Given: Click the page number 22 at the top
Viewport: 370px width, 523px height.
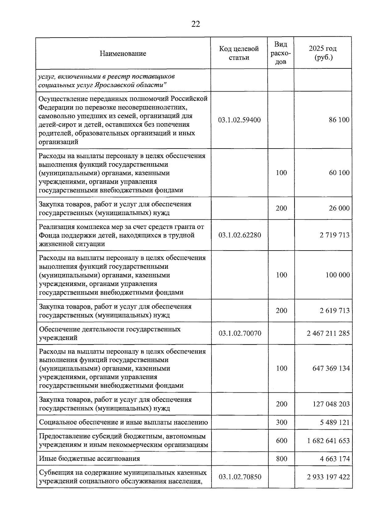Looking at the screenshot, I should (195, 24).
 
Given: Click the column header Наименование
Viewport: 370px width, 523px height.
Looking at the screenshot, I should (123, 54).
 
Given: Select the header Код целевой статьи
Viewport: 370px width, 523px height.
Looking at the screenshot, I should (239, 53).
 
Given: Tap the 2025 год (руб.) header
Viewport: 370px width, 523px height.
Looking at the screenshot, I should (323, 53).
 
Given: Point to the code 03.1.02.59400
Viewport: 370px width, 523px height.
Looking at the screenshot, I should (239, 120).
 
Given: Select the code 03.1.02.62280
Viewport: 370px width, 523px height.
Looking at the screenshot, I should (240, 235).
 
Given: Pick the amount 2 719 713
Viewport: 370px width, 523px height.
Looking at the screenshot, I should (335, 235).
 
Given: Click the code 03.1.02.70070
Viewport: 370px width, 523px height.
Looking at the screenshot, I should (240, 333).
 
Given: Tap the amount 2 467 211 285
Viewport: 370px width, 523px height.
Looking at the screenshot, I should (328, 333).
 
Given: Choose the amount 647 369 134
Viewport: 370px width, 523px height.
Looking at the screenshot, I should (331, 368).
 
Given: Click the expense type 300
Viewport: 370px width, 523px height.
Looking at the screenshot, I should (281, 422).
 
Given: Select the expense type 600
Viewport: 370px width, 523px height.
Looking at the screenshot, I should (281, 440).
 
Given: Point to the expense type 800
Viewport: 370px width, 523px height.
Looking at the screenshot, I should (281, 459).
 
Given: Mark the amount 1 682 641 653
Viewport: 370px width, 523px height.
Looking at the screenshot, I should (328, 440).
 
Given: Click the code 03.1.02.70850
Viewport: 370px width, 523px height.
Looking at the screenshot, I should (240, 477).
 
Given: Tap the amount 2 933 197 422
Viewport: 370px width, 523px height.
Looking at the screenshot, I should (328, 477).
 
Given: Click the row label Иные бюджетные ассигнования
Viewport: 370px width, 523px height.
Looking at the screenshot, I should (89, 459).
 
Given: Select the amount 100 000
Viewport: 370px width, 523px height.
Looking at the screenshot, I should (338, 275).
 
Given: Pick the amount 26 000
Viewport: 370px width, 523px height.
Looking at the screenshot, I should (339, 208).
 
